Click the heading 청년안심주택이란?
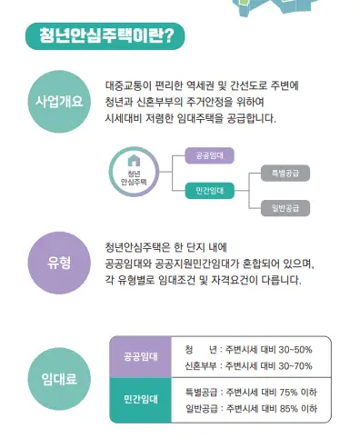point(106,36)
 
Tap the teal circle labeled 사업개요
point(58,101)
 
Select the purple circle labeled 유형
point(58,263)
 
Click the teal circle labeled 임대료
point(58,379)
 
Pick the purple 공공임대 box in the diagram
point(209,156)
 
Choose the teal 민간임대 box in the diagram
point(209,190)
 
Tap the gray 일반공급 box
point(285,208)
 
